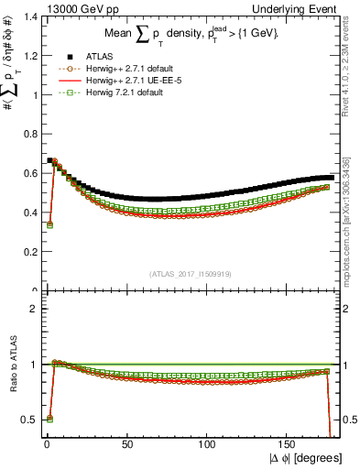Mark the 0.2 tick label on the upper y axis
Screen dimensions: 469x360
[x=27, y=252]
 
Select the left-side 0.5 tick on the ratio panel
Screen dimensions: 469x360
[x=27, y=420]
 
